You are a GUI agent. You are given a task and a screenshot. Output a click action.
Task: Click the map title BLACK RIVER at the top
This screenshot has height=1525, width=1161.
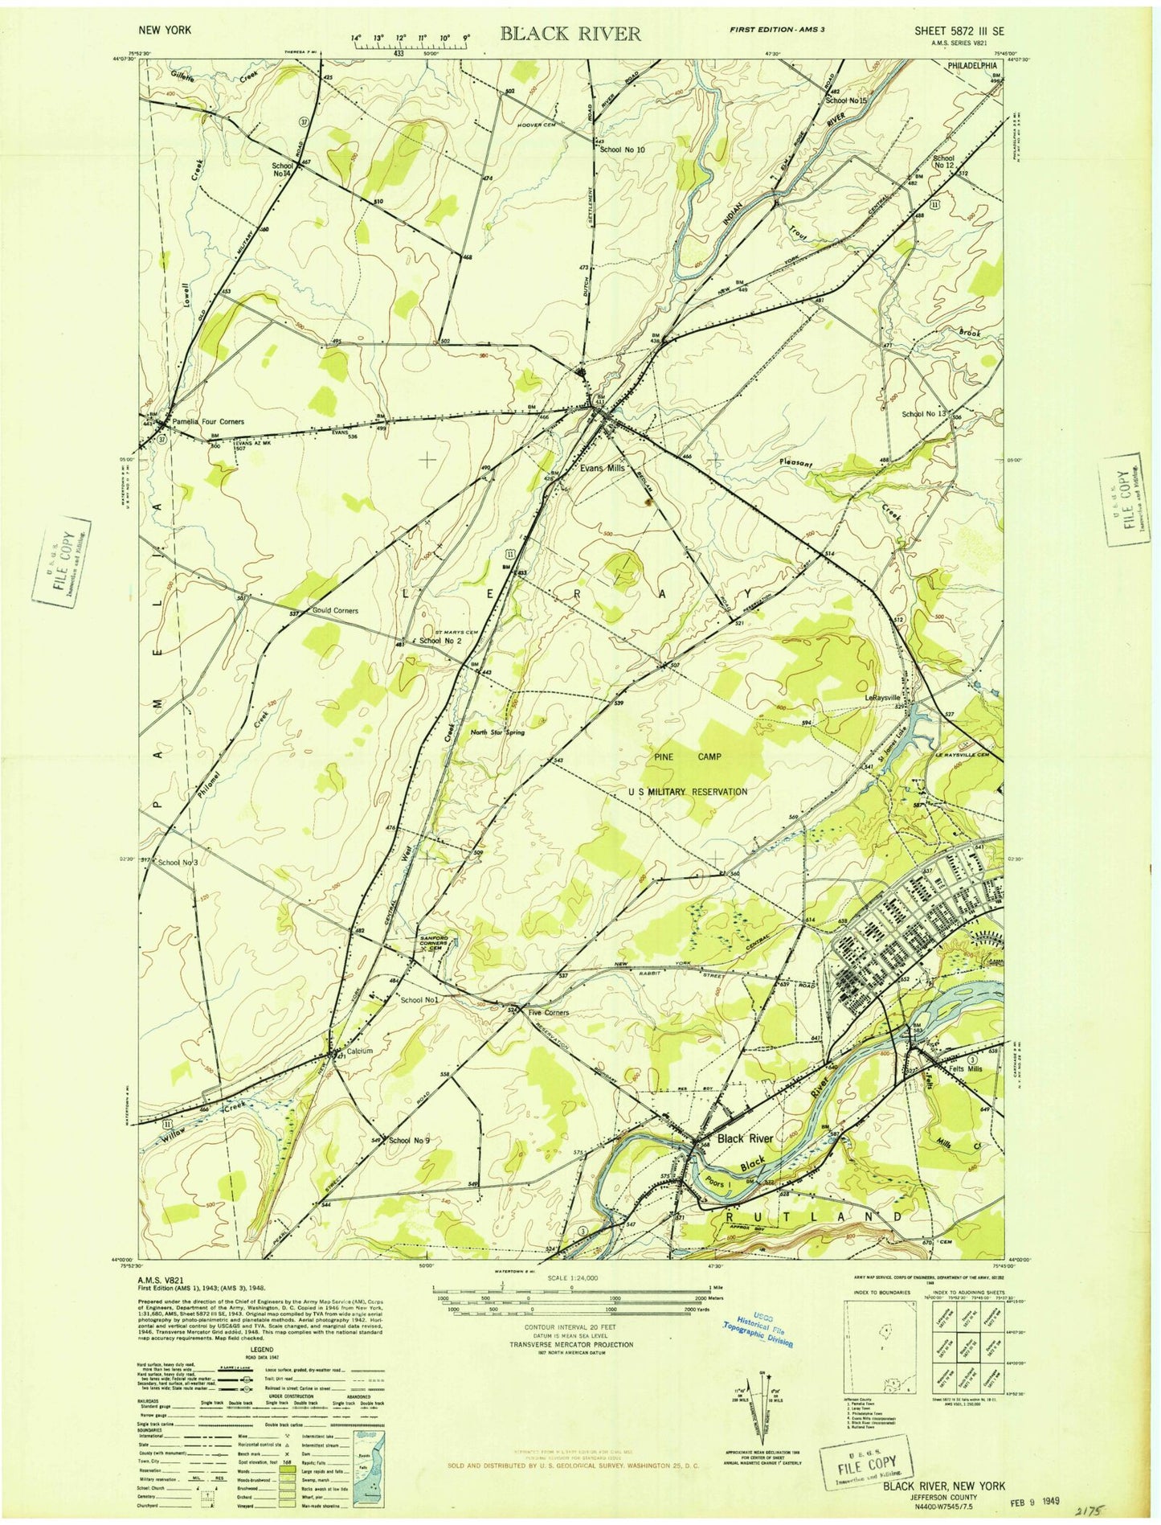click(x=571, y=33)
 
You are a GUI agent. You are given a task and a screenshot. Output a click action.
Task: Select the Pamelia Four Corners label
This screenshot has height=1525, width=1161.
click(x=206, y=421)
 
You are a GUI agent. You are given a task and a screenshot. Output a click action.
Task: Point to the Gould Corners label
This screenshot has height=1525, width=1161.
click(x=329, y=611)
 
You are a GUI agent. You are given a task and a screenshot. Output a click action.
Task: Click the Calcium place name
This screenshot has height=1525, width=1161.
click(x=359, y=1052)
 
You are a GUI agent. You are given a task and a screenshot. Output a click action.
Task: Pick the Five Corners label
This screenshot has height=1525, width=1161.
click(x=548, y=1013)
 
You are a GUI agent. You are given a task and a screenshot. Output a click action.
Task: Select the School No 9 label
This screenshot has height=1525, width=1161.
click(x=410, y=1141)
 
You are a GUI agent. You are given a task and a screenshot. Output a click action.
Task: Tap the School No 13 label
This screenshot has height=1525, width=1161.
click(x=925, y=414)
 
